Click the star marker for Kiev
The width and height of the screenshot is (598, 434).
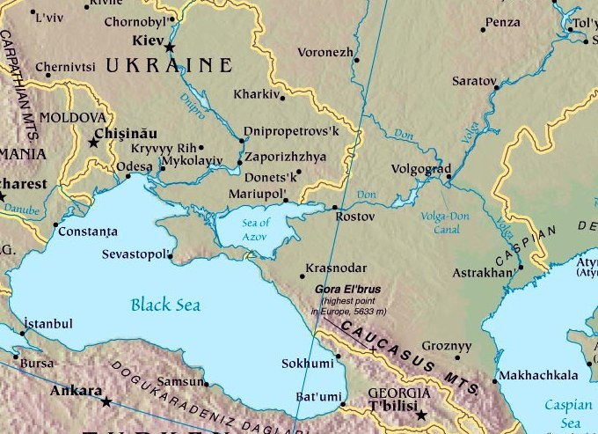coord(170,47)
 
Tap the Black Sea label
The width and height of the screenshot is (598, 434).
coord(165,305)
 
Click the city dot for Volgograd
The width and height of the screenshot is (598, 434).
coord(448,176)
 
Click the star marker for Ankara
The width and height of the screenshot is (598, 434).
coord(106,402)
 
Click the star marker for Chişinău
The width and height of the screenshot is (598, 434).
coord(94,141)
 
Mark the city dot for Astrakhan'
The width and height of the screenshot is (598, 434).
coord(521,267)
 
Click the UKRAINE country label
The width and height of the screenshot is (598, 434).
coord(168,66)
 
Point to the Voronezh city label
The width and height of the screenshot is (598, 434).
coord(325,51)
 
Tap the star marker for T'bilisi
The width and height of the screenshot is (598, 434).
coord(421,415)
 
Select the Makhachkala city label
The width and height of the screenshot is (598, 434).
coord(542,376)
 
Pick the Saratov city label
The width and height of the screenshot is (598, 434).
coord(474,80)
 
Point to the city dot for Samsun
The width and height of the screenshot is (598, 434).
coord(207,384)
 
